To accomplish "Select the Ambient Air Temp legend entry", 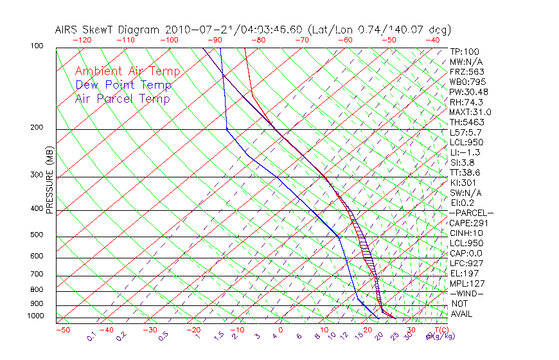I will click(127, 71).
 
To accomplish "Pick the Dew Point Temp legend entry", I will click(123, 85).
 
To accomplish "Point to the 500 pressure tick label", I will click(37, 235).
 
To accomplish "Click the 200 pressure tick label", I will click(37, 127).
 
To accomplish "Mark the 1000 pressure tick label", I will click(35, 316).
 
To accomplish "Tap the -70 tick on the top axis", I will click(301, 40).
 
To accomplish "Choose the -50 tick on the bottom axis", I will click(62, 330).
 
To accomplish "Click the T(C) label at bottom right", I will click(439, 330).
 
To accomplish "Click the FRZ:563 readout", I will click(466, 71).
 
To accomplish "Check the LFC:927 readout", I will click(466, 264).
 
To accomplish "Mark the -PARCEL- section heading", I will click(471, 213).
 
